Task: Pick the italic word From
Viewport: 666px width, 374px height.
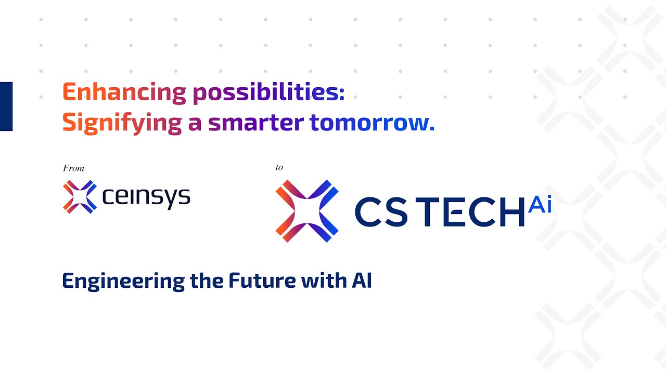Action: point(73,168)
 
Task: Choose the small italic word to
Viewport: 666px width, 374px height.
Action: point(279,167)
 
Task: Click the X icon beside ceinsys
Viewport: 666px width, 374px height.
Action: point(80,196)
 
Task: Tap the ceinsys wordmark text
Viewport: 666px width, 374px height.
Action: point(146,196)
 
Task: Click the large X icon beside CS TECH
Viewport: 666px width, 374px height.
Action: point(306,211)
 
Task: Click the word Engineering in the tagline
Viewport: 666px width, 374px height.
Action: point(122,282)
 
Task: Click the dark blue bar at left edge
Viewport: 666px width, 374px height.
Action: point(6,106)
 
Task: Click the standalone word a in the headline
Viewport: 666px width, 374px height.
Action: point(195,124)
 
